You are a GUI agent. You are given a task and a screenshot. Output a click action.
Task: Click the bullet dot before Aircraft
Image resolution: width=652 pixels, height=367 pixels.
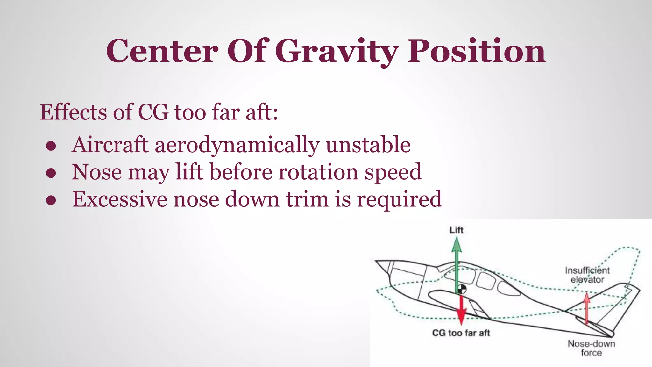pos(51,146)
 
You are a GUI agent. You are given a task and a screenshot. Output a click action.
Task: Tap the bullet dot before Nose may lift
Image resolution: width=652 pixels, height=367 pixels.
pos(51,173)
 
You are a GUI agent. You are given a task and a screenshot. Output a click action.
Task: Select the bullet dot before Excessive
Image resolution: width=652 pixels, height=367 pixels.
pos(51,200)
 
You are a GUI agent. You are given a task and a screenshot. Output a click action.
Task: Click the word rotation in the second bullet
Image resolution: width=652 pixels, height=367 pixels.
pos(318,172)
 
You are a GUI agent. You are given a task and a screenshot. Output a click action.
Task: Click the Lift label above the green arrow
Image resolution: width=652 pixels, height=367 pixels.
pos(456,230)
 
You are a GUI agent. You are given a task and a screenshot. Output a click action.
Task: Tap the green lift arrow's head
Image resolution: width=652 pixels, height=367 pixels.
pos(457,245)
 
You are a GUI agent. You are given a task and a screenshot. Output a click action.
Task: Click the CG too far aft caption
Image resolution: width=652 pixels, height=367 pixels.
pos(461,333)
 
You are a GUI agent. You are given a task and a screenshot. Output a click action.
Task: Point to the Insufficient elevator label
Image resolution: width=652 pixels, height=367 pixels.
pos(587,275)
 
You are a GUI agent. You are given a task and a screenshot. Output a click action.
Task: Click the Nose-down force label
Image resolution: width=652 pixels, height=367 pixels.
pos(591,348)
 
